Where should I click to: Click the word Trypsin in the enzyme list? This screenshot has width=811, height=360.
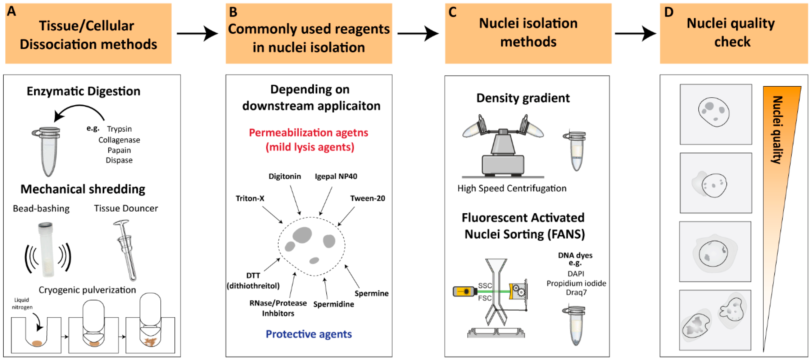coord(119,129)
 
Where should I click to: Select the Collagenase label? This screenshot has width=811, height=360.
coord(119,140)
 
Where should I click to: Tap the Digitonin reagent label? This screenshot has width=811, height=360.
coord(285,176)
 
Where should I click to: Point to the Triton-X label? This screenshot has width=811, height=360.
coord(250,199)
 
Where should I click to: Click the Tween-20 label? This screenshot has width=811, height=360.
coord(367,199)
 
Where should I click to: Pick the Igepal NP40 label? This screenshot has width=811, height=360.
coord(336,176)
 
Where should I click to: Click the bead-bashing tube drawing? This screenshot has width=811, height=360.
coord(47,250)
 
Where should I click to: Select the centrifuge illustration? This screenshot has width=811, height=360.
coord(503,146)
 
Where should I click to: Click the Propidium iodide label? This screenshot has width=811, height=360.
coord(576,284)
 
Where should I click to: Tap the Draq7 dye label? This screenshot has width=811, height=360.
coord(576,293)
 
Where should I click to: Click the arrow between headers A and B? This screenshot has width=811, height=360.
coord(197,33)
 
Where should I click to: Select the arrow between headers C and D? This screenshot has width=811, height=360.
coord(635,33)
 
